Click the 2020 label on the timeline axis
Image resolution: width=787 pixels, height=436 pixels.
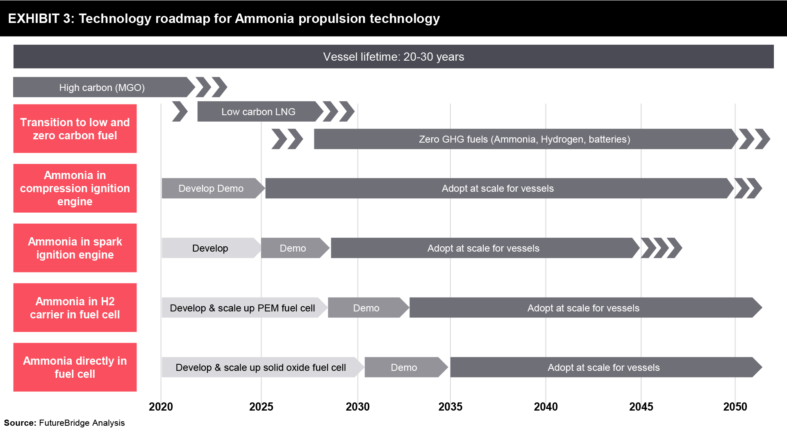pos(161,406)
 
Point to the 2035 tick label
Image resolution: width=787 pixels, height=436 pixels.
pos(450,406)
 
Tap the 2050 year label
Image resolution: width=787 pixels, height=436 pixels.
pos(735,406)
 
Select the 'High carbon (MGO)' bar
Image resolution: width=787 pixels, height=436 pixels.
pos(104,87)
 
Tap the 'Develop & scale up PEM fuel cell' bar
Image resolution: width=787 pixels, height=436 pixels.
pos(244,308)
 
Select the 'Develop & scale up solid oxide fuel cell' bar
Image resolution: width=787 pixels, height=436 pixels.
pos(263,367)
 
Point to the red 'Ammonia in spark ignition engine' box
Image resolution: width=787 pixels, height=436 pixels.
pos(75,248)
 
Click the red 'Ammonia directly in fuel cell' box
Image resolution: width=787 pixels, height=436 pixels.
pos(75,367)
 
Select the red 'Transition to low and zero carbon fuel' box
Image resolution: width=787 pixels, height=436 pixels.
pos(75,129)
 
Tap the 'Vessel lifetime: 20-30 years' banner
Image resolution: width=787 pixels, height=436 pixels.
pos(393,57)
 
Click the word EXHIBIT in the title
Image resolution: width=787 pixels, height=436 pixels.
pos(34,18)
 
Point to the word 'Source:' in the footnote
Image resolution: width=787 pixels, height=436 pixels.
pos(20,423)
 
